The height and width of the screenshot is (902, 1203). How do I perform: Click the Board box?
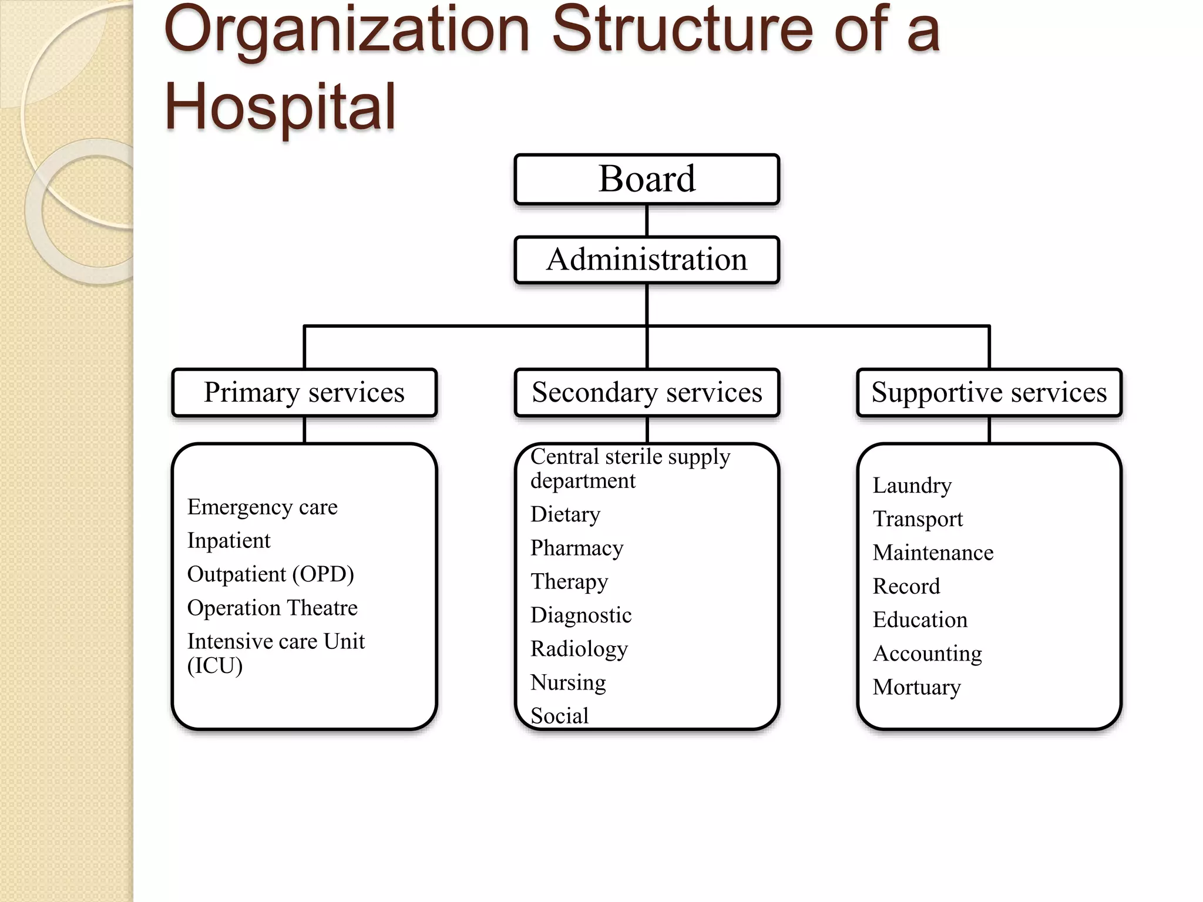pyautogui.click(x=647, y=179)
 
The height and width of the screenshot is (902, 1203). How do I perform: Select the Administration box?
pyautogui.click(x=647, y=260)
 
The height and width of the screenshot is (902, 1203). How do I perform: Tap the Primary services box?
pyautogui.click(x=304, y=392)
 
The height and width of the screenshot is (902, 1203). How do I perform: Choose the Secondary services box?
pyautogui.click(x=647, y=392)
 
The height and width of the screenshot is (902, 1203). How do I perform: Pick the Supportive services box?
pyautogui.click(x=989, y=392)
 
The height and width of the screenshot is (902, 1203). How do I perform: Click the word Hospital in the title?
pyautogui.click(x=280, y=107)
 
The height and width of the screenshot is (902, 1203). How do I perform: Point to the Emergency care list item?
pyautogui.click(x=262, y=507)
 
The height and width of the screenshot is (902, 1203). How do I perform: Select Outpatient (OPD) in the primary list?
pyautogui.click(x=270, y=574)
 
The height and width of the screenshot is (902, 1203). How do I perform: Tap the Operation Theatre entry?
pyautogui.click(x=272, y=608)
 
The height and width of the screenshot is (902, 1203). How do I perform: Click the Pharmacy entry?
pyautogui.click(x=577, y=548)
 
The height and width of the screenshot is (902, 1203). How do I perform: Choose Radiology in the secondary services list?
pyautogui.click(x=579, y=649)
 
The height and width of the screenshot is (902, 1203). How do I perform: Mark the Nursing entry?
pyautogui.click(x=568, y=682)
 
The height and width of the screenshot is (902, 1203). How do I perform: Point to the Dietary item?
pyautogui.click(x=565, y=514)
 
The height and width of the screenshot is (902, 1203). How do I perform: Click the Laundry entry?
pyautogui.click(x=912, y=486)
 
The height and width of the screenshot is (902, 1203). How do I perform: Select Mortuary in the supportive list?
pyautogui.click(x=916, y=687)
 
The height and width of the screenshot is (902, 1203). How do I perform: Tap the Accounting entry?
pyautogui.click(x=927, y=654)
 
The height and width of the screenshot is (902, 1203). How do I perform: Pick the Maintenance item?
pyautogui.click(x=933, y=553)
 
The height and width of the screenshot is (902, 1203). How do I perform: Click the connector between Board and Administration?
pyautogui.click(x=647, y=220)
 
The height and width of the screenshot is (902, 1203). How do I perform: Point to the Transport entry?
pyautogui.click(x=918, y=519)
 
